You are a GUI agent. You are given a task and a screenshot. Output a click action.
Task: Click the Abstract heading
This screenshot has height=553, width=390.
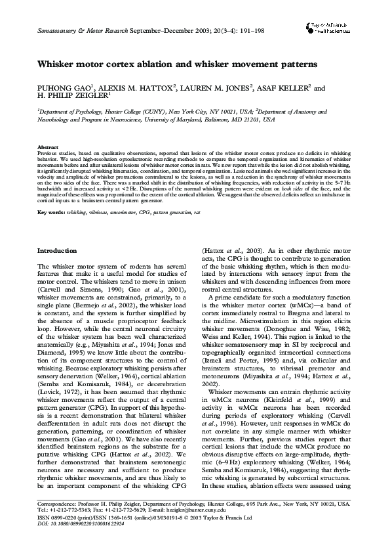point(48,147)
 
